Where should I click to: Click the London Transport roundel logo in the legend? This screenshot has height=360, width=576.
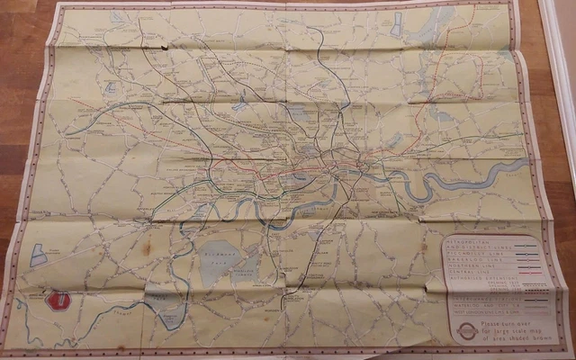click(x=466, y=330)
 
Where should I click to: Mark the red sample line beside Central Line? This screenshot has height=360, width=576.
click(x=530, y=273)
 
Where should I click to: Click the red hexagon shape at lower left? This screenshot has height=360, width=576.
click(x=58, y=300)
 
